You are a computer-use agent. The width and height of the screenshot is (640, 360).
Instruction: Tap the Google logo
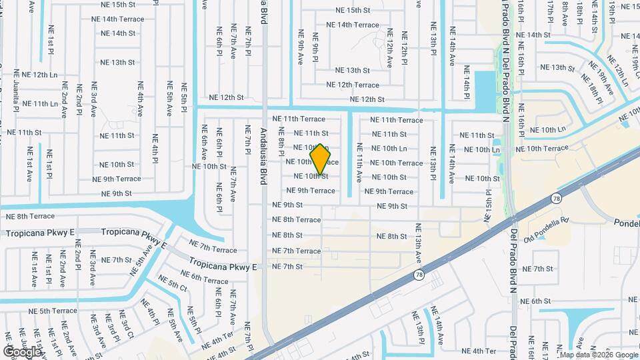pyautogui.click(x=22, y=351)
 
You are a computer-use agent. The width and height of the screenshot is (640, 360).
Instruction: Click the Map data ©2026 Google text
pyautogui.click(x=599, y=355)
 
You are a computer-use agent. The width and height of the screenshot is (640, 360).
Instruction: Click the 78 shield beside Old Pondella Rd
pyautogui.click(x=556, y=198)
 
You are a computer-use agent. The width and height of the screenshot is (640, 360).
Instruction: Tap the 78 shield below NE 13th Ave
pyautogui.click(x=419, y=274)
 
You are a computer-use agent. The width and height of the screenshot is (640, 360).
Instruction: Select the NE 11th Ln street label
pyautogui.click(x=40, y=104)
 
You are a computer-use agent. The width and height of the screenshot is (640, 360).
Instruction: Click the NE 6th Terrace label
pyautogui.click(x=205, y=281)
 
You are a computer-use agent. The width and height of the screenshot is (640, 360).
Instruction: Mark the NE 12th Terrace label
pyautogui.click(x=353, y=85)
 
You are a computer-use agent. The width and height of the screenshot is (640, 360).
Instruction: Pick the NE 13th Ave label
pyautogui.click(x=419, y=245)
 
